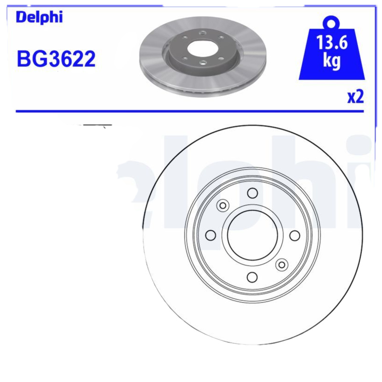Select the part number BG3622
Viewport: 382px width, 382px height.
click(x=56, y=59)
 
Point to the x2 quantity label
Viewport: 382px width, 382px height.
click(x=355, y=97)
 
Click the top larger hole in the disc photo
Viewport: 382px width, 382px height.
click(x=202, y=32)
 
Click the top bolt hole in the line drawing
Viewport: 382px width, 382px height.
click(x=252, y=193)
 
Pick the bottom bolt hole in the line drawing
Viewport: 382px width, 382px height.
click(x=252, y=277)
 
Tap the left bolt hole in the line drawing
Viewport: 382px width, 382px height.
click(x=210, y=235)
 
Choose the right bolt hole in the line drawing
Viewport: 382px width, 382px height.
click(x=295, y=235)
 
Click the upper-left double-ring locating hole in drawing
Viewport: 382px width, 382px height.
click(x=223, y=205)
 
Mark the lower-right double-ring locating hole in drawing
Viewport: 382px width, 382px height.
click(x=282, y=265)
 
